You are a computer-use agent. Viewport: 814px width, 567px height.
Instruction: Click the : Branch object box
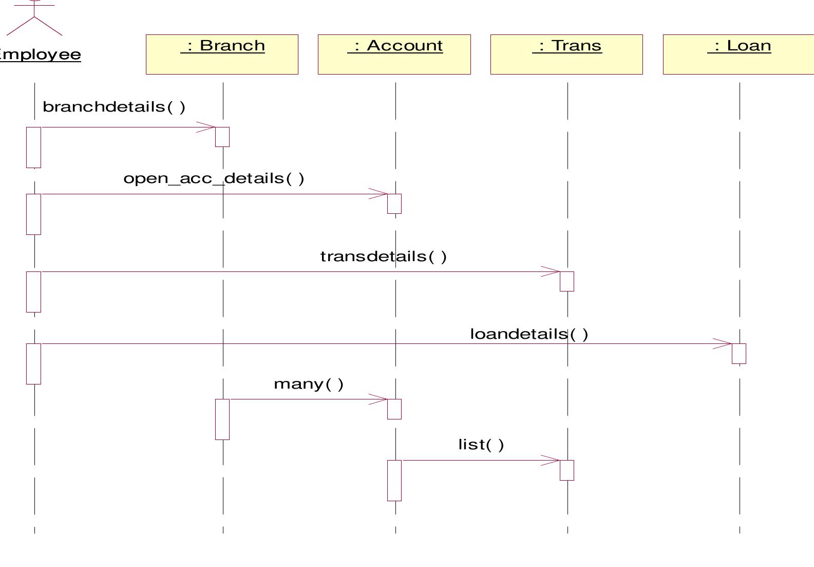pyautogui.click(x=222, y=54)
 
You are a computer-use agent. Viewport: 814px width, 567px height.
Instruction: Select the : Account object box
pyautogui.click(x=394, y=54)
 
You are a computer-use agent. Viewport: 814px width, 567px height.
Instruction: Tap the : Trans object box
pyautogui.click(x=566, y=54)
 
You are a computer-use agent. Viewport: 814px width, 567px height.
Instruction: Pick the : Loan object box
pyautogui.click(x=739, y=54)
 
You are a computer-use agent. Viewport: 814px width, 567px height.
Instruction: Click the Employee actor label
pyautogui.click(x=40, y=54)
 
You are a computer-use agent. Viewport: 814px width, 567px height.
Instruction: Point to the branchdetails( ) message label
pyautogui.click(x=113, y=107)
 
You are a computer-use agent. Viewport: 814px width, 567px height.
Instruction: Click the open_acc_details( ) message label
pyautogui.click(x=214, y=178)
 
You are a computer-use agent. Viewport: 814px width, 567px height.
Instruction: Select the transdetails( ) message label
pyautogui.click(x=383, y=257)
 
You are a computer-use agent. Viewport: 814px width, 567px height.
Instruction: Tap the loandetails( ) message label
pyautogui.click(x=529, y=334)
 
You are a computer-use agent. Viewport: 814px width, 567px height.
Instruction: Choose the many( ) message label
pyautogui.click(x=309, y=384)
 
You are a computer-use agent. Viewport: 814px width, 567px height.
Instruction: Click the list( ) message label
pyautogui.click(x=481, y=445)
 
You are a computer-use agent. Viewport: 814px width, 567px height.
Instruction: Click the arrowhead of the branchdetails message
pyautogui.click(x=207, y=127)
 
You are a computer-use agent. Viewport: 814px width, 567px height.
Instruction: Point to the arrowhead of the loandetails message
pyautogui.click(x=724, y=344)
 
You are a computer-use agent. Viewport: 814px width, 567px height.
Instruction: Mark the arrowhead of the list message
pyautogui.click(x=552, y=461)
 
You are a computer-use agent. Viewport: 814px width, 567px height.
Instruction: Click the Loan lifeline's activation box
pyautogui.click(x=739, y=354)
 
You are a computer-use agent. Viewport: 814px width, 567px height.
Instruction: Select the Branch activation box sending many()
pyautogui.click(x=222, y=419)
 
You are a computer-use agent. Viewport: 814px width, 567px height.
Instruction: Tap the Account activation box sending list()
pyautogui.click(x=394, y=480)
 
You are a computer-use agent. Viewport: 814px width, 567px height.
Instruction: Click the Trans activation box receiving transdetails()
pyautogui.click(x=566, y=281)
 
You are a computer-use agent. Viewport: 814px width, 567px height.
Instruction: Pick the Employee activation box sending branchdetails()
pyautogui.click(x=33, y=147)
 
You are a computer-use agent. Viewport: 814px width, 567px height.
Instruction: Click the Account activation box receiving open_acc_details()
pyautogui.click(x=394, y=204)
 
